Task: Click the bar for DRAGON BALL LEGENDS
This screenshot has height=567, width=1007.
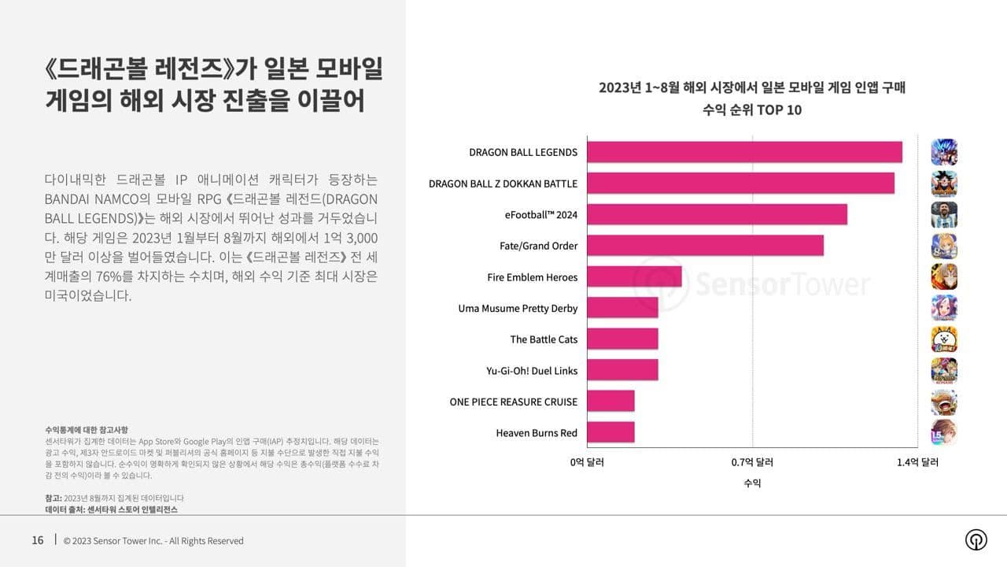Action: pos(744,152)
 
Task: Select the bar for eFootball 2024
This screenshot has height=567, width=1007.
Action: pos(717,214)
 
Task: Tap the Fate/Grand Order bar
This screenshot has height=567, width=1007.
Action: pos(705,246)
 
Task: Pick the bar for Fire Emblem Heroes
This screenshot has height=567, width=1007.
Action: pos(634,276)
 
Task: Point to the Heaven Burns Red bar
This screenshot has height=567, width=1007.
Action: pos(610,432)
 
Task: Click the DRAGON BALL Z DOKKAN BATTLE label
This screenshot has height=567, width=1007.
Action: pos(503,183)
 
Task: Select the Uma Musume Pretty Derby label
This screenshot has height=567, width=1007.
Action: pos(518,308)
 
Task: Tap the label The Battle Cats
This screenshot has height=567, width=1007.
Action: pos(544,339)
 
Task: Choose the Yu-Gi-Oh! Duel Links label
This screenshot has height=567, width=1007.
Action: pos(532,370)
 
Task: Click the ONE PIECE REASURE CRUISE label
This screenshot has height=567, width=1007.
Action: pos(514,402)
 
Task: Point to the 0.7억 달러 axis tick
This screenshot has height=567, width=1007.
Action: pos(752,462)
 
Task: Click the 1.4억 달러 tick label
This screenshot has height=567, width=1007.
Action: pos(917,462)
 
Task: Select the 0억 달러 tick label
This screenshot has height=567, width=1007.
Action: pos(587,462)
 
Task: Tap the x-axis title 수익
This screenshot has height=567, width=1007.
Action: pos(752,483)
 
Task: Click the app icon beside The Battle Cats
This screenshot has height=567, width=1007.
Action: pos(944,339)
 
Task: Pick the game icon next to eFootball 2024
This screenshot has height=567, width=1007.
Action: pos(944,214)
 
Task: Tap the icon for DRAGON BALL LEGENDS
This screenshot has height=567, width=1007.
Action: pos(944,152)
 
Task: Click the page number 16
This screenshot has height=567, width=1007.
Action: pos(38,540)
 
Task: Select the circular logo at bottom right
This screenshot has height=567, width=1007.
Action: pos(976,539)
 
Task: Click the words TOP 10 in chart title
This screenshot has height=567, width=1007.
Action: pos(780,109)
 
